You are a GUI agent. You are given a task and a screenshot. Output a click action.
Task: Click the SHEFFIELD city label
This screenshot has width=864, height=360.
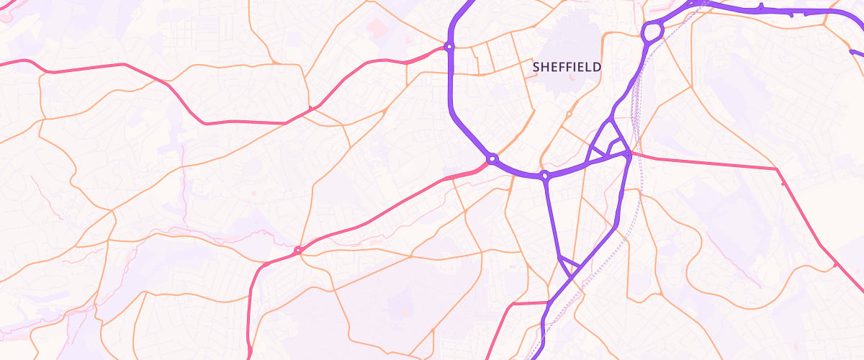567,66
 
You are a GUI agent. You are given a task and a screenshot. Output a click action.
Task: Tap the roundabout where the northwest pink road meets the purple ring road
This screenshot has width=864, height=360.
449,47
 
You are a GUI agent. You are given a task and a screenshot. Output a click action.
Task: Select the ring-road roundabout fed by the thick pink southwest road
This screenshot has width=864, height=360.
492,158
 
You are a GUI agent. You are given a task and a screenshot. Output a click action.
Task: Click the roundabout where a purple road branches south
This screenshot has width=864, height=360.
546,175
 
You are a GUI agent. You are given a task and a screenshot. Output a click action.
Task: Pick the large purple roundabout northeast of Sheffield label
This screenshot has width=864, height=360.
652,32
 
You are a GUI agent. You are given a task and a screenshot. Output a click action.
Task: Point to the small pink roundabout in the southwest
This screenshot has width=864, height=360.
297,251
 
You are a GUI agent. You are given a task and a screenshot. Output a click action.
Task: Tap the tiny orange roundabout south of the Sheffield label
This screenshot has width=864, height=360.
569,114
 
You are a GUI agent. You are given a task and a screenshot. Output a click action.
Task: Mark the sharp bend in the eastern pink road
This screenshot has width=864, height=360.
778,169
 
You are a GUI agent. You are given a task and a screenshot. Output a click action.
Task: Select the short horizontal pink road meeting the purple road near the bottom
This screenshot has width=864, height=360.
529,303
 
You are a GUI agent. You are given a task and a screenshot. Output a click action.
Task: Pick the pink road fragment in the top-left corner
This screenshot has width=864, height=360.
7,16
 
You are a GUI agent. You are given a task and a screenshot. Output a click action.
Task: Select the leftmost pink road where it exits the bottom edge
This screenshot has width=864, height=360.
249,353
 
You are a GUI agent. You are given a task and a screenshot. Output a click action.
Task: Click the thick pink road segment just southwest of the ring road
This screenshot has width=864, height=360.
461,175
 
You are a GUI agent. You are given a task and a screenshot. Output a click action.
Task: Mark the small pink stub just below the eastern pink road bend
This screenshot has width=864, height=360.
783,184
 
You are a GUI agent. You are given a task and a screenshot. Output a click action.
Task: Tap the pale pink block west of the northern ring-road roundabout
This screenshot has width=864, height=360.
377,27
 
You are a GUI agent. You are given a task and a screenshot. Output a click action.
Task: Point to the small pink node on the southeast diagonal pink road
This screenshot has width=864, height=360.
835,264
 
